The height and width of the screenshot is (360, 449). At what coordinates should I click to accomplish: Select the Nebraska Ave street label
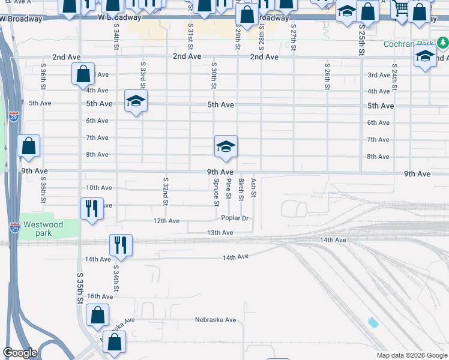click(x=215, y=320)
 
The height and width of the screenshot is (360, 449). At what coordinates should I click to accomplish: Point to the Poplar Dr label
click(x=235, y=218)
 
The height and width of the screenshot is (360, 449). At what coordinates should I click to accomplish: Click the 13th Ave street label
click(x=220, y=232)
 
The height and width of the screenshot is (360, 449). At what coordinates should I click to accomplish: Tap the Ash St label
click(x=254, y=187)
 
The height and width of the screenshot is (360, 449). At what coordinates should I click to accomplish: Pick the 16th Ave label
click(x=100, y=296)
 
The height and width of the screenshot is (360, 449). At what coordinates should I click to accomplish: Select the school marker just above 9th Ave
click(x=226, y=146)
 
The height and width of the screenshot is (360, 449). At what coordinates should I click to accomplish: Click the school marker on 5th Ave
click(x=136, y=101)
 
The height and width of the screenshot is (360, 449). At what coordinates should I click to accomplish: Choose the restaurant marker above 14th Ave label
click(x=121, y=245)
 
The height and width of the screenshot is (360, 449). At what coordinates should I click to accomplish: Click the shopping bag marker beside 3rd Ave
click(x=83, y=74)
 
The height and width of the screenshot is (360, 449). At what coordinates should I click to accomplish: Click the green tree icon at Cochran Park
click(x=443, y=43)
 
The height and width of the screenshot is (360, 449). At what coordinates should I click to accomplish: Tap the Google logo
click(x=20, y=353)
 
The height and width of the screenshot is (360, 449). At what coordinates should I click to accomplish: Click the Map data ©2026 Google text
click(x=412, y=355)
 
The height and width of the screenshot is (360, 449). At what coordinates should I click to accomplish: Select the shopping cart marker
click(x=400, y=8)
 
